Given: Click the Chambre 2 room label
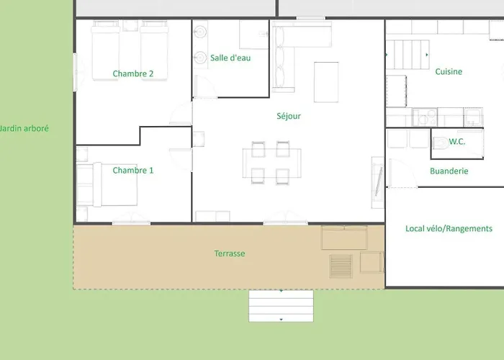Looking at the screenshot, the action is point(132,73).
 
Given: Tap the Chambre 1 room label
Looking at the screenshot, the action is point(132,171).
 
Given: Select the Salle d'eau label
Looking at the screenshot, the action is point(230,58).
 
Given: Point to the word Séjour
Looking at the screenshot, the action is point(289,116).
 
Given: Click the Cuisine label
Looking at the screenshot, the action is point(449,71).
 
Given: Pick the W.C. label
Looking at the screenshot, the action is point(456,141).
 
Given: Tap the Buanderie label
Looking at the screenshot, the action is point(449,171).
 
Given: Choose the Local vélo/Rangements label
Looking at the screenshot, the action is point(449,228).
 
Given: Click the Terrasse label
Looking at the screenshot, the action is point(230,253).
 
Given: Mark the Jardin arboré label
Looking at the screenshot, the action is point(24,129).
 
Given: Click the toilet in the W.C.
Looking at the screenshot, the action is point(441,143).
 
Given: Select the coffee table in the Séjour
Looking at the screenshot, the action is point(326,82).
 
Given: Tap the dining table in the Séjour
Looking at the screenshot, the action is point(271,163).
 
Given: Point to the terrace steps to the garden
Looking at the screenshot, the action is point(281,306).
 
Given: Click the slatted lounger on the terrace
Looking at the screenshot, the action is point(341,266).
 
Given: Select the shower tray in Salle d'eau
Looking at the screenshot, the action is point(253,35).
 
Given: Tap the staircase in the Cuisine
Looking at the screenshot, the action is point(408,55).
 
